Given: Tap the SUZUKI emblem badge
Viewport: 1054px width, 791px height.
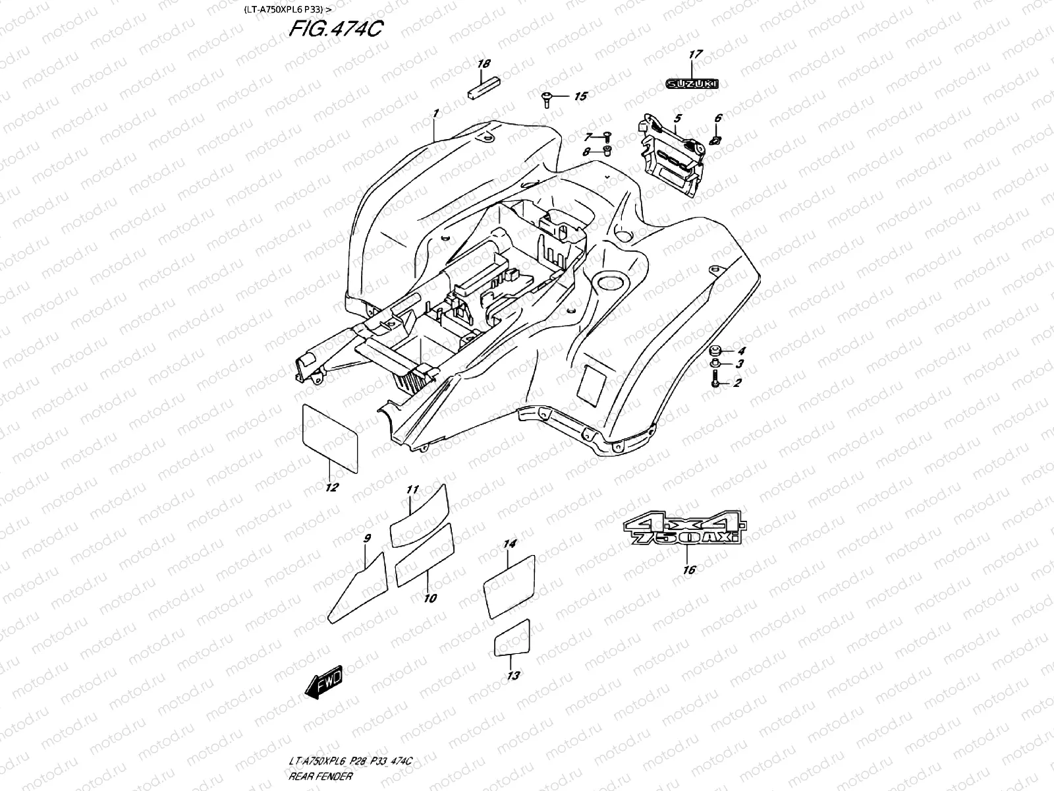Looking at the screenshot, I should click(692, 84).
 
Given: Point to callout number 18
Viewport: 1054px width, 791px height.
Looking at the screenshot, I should click(484, 65).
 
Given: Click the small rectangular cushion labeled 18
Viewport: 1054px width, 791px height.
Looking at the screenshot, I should click(484, 89).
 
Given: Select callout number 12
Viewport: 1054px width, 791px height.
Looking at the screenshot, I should click(332, 487).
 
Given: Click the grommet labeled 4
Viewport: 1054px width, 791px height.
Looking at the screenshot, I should click(715, 349).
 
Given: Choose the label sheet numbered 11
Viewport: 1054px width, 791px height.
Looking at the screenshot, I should click(419, 515).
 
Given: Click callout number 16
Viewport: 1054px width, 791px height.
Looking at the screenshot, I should click(688, 570).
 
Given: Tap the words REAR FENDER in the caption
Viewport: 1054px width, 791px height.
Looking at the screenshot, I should click(320, 776).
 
